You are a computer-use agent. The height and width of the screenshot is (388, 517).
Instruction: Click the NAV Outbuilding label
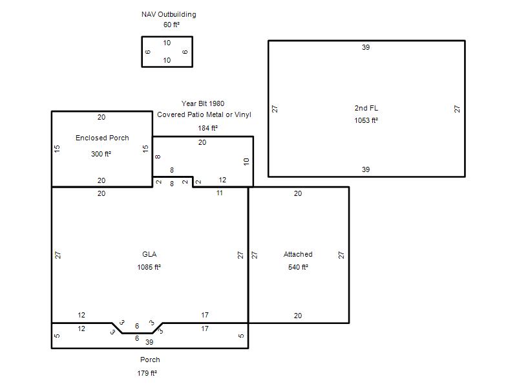pyautogui.click(x=169, y=14)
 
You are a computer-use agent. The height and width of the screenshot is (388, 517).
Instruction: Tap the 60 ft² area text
pyautogui.click(x=171, y=25)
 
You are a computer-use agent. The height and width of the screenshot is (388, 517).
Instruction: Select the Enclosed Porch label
pyautogui.click(x=102, y=138)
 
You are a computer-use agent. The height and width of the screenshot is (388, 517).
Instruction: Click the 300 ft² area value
pyautogui.click(x=101, y=154)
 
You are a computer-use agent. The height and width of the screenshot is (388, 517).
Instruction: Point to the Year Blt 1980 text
pyautogui.click(x=203, y=103)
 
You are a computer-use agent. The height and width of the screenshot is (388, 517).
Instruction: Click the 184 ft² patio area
pyautogui.click(x=207, y=128)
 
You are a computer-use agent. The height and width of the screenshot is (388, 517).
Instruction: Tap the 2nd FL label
pyautogui.click(x=366, y=108)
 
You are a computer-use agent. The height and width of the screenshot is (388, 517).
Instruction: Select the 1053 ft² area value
pyautogui.click(x=366, y=120)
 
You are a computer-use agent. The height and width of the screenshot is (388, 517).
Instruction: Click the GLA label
pyautogui.click(x=149, y=254)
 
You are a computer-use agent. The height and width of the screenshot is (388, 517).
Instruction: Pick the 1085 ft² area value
pyautogui.click(x=149, y=267)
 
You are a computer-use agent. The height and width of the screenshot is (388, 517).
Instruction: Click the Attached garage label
pyautogui.click(x=298, y=254)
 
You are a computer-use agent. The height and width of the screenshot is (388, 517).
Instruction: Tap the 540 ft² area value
pyautogui.click(x=298, y=267)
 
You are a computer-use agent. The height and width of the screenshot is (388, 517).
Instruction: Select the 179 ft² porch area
pyautogui.click(x=147, y=373)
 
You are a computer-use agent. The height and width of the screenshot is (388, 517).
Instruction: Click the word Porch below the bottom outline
pyautogui.click(x=150, y=360)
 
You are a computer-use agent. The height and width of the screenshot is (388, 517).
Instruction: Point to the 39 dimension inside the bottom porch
pyautogui.click(x=149, y=342)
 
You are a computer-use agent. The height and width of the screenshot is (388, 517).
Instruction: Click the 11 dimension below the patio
pyautogui.click(x=220, y=193)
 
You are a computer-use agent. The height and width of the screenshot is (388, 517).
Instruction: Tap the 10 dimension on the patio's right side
pyautogui.click(x=246, y=162)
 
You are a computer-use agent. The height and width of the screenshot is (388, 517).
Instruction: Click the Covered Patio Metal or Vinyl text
pyautogui.click(x=204, y=115)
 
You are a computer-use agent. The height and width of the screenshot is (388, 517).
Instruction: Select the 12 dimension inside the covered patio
pyautogui.click(x=222, y=180)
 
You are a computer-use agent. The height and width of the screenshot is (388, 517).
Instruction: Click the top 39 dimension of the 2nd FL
pyautogui.click(x=366, y=47)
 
